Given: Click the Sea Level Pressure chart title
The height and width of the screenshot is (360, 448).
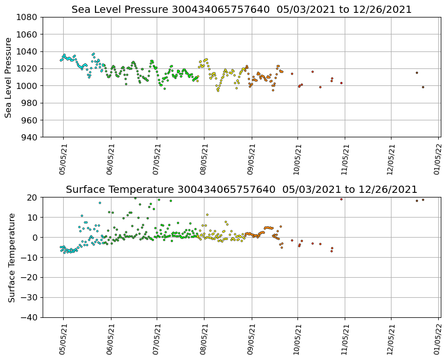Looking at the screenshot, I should (x=241, y=10).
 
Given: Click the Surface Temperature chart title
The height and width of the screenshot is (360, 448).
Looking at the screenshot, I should (x=241, y=190).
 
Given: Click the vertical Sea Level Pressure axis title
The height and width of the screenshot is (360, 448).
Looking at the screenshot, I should (x=9, y=77).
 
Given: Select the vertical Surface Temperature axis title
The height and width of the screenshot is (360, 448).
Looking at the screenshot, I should (x=11, y=257).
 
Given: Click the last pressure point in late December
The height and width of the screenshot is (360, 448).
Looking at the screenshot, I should (x=423, y=87).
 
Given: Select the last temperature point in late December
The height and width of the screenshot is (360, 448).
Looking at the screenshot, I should (x=423, y=200).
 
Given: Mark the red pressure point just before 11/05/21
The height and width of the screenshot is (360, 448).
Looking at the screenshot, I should (x=341, y=83).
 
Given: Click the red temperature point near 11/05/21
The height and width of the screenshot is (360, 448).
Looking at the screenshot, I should (x=341, y=199).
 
